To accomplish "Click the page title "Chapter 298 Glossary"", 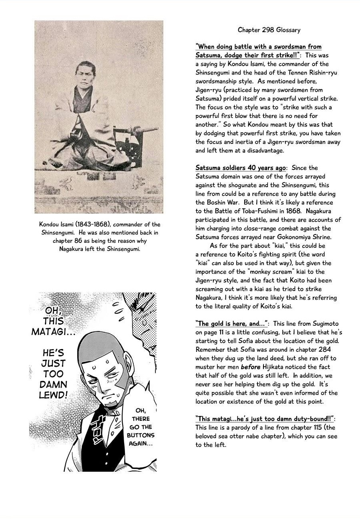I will [x=269, y=30].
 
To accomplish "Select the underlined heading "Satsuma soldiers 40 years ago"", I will [x=241, y=168].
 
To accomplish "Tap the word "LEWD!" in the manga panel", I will [x=53, y=395].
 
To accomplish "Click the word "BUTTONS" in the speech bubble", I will [x=141, y=435].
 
